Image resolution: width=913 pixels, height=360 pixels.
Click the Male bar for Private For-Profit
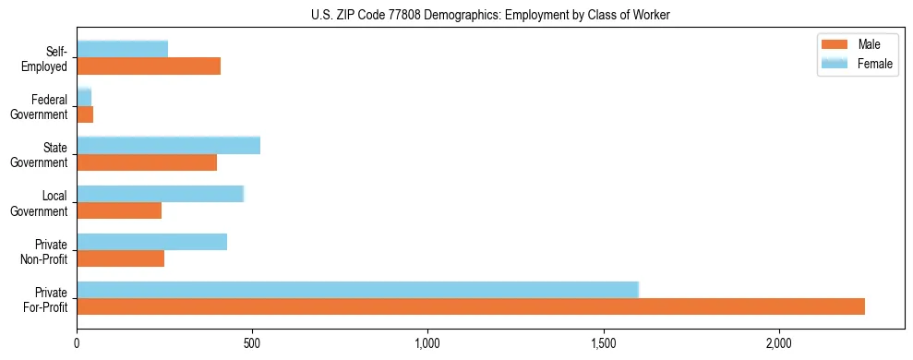pyautogui.click(x=471, y=306)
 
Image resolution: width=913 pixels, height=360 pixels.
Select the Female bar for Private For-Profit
pyautogui.click(x=358, y=290)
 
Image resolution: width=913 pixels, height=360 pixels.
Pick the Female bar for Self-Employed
pyautogui.click(x=123, y=49)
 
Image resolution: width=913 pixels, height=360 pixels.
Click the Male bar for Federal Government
pyautogui.click(x=85, y=114)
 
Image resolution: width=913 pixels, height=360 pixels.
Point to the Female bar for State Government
pyautogui.click(x=169, y=145)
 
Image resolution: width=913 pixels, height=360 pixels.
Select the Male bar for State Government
pyautogui.click(x=147, y=162)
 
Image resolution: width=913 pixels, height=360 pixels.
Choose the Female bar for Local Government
pyautogui.click(x=161, y=194)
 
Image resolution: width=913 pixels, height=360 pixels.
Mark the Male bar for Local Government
pyautogui.click(x=119, y=210)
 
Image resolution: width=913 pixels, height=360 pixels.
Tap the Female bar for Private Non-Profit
pyautogui.click(x=152, y=242)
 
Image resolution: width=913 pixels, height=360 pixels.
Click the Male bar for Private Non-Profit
pyautogui.click(x=121, y=258)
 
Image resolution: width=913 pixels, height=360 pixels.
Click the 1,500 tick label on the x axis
pyautogui.click(x=604, y=343)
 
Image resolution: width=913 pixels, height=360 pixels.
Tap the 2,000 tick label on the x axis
pyautogui.click(x=779, y=343)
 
